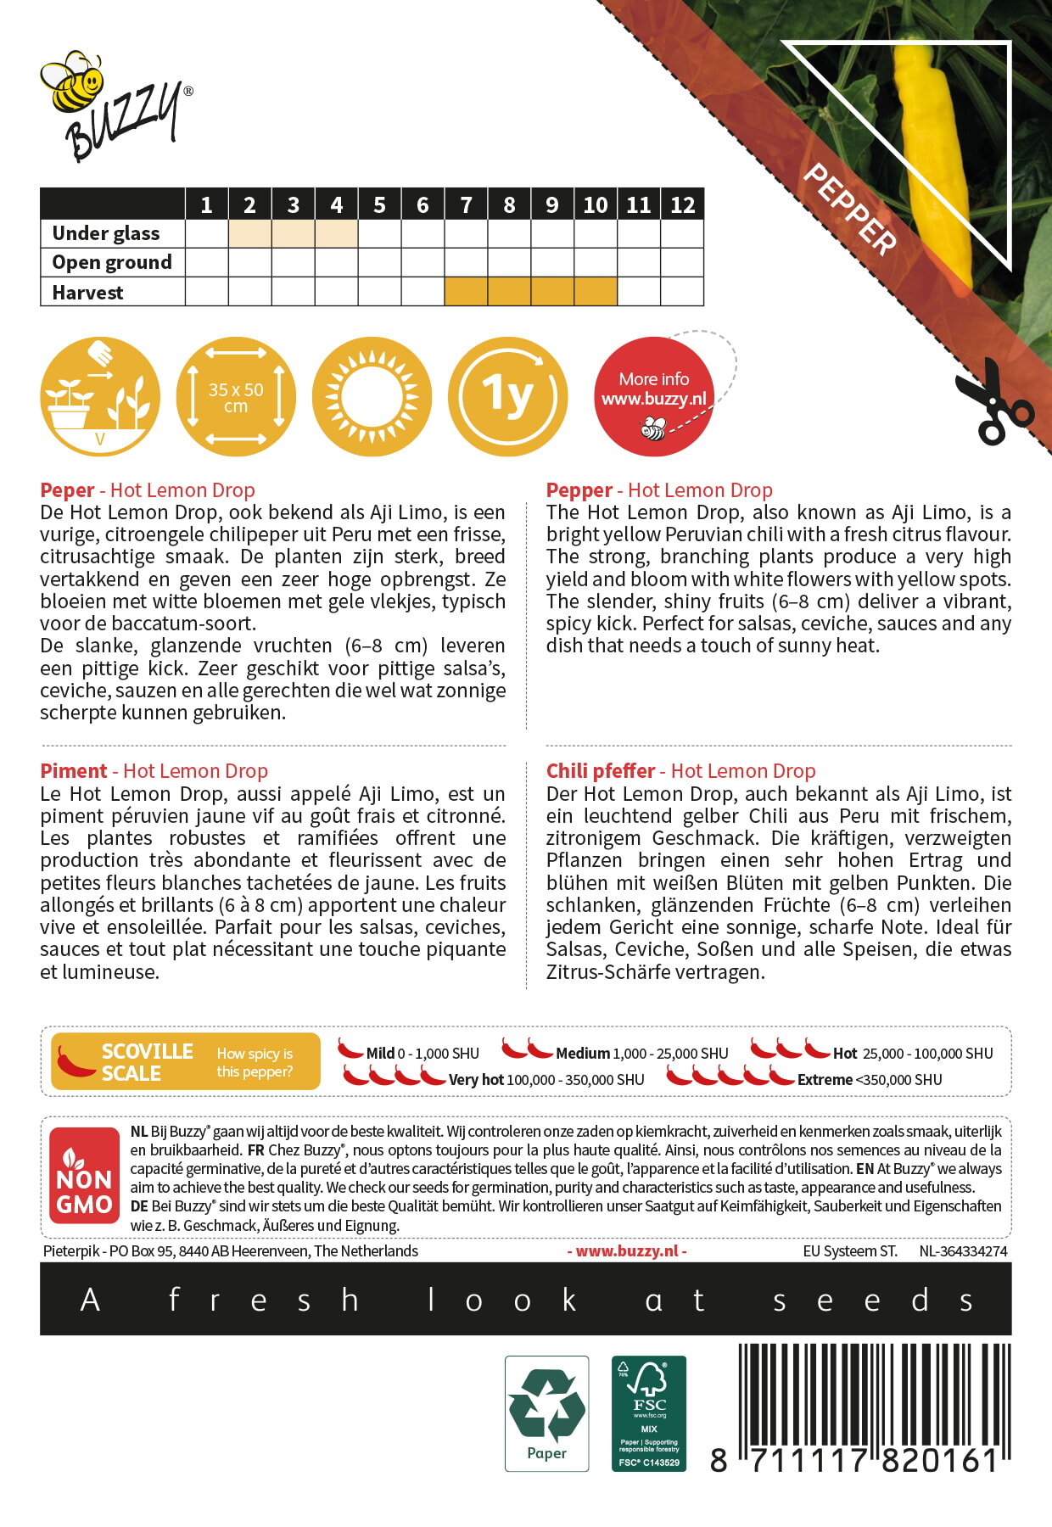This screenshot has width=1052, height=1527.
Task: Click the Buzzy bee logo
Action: pos(115,106)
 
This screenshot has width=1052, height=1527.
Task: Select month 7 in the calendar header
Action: pos(466,204)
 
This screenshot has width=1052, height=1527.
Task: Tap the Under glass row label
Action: pos(106,233)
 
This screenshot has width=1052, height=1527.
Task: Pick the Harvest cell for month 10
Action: pos(596,292)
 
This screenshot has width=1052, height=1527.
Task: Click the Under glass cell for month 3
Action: pos(293,233)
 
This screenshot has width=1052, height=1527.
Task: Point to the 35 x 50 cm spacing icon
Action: pos(236,396)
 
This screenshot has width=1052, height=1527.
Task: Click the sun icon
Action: pos(372,396)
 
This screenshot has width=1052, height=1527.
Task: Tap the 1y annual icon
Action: pos(507,396)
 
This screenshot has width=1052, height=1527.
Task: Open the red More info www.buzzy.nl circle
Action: pos(653,396)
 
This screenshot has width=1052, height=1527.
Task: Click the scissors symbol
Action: pos(993,403)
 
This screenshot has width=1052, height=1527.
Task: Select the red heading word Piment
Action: pos(74,771)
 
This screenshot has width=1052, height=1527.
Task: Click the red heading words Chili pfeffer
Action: pos(601,771)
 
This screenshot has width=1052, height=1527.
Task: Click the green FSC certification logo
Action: pos(649,1412)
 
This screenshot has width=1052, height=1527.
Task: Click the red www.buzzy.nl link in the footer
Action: pos(627,1251)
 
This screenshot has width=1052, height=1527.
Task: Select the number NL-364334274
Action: pos(963,1251)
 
